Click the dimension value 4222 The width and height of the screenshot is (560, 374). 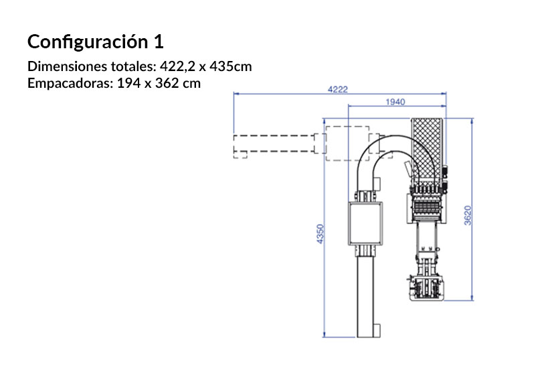click(x=337, y=90)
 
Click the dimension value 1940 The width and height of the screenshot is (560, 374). click(x=396, y=102)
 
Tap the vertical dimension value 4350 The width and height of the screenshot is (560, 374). click(x=320, y=234)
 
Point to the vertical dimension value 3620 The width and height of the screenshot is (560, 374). click(x=468, y=215)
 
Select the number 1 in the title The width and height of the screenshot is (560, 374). click(x=158, y=42)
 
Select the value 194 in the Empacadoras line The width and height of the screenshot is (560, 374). click(x=128, y=83)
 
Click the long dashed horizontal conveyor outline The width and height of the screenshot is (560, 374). click(x=274, y=143)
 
